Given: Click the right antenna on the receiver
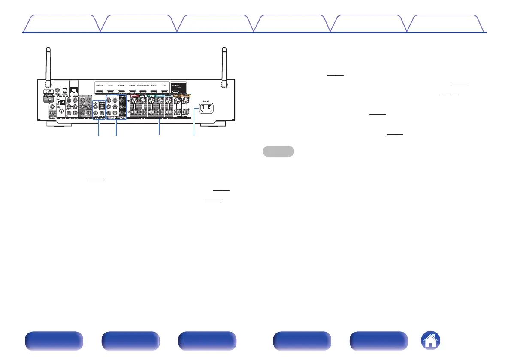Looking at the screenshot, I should (x=224, y=60).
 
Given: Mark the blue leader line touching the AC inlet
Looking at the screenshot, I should (x=194, y=122).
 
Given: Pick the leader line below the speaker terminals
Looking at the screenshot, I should (x=159, y=129).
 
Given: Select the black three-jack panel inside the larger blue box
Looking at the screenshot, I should (x=122, y=107).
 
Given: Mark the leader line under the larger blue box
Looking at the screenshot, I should (x=116, y=128).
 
